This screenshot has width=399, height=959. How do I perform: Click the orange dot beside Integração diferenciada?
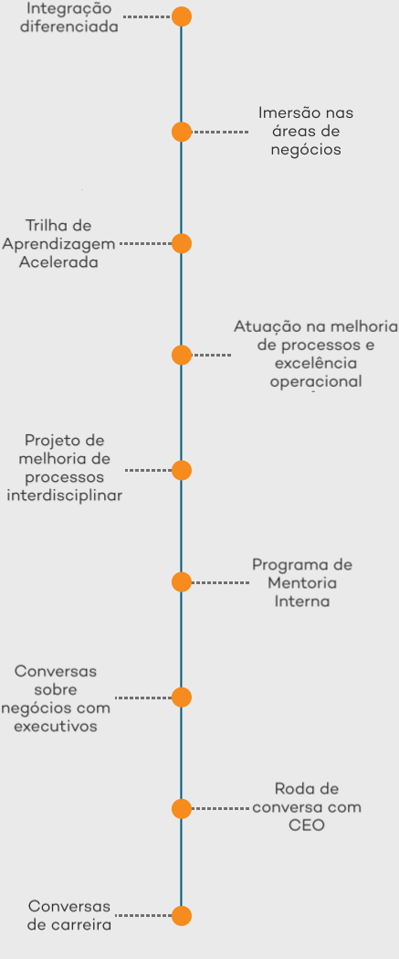[182, 16]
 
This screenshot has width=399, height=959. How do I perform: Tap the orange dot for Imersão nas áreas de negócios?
[182, 132]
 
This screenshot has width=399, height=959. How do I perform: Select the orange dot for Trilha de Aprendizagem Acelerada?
[182, 243]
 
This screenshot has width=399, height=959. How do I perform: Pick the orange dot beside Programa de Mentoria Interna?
[182, 581]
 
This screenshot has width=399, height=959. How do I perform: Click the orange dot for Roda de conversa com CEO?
[182, 808]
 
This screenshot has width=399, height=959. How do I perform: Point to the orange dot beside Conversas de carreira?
[182, 916]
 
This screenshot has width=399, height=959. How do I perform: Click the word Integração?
[69, 9]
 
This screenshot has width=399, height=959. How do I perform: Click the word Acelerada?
[58, 262]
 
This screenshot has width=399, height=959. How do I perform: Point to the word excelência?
[316, 363]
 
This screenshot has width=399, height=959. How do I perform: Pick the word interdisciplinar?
[64, 495]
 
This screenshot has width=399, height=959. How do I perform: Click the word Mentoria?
[302, 583]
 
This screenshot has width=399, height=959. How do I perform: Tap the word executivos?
[56, 727]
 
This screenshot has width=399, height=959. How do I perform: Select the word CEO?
[307, 825]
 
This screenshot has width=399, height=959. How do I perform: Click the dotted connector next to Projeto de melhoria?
[149, 470]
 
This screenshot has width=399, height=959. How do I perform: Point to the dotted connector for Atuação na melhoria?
[212, 355]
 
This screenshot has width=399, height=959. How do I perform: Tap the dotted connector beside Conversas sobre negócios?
[143, 698]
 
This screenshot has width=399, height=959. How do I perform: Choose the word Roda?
[290, 788]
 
